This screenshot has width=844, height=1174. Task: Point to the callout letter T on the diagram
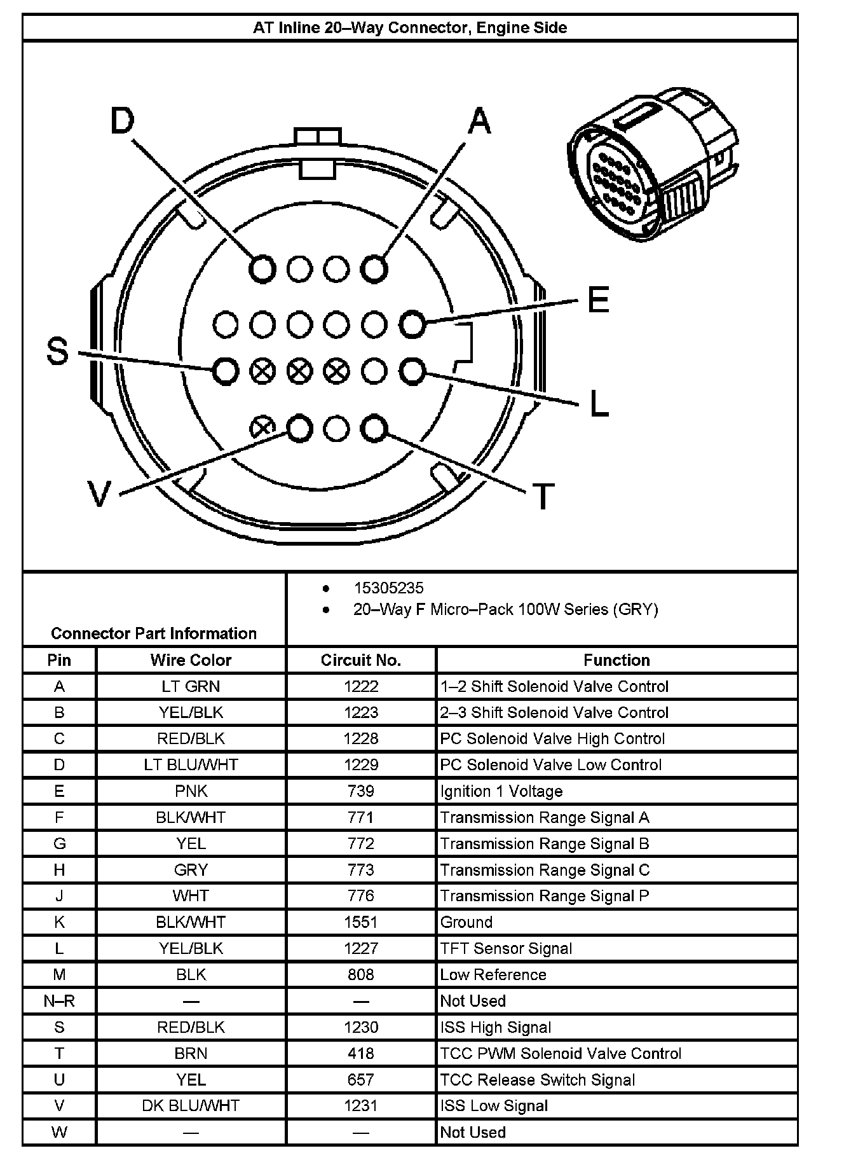point(543,497)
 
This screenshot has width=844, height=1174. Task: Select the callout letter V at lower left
point(99,494)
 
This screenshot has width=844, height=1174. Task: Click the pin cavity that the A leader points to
point(374,268)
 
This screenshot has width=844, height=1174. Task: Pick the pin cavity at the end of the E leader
point(412,324)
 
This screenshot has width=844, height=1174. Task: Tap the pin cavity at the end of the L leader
point(412,371)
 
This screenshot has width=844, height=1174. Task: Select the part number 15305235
point(388,588)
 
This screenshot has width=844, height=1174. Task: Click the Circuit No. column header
point(361,660)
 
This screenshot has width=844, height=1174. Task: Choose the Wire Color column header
point(191,660)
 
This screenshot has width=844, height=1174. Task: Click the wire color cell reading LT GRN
point(191,686)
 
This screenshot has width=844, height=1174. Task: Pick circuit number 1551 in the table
point(361,922)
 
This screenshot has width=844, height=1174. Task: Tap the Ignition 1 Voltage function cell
point(501,791)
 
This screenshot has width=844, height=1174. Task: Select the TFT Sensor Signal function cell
point(506,948)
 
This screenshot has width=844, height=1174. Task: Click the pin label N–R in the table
point(59,1001)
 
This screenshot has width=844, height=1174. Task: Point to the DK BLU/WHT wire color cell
point(191,1106)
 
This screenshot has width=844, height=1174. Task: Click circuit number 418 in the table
point(361,1053)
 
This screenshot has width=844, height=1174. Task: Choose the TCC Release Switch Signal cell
point(537,1080)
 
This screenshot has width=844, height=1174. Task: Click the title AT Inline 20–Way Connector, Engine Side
point(410,28)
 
